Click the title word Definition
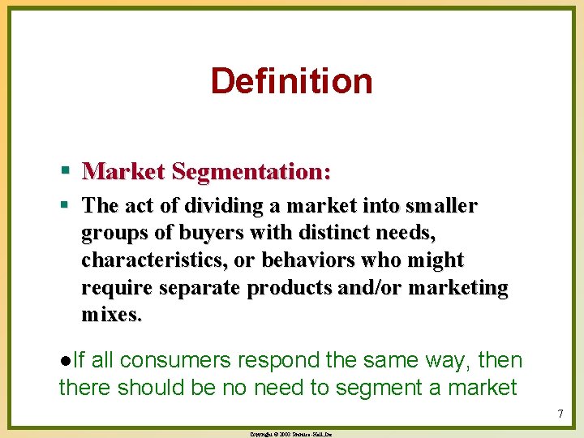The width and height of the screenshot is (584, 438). [291, 81]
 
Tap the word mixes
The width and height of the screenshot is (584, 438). [111, 315]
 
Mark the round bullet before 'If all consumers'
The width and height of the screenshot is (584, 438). [64, 360]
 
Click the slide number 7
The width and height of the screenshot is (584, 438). [560, 414]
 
